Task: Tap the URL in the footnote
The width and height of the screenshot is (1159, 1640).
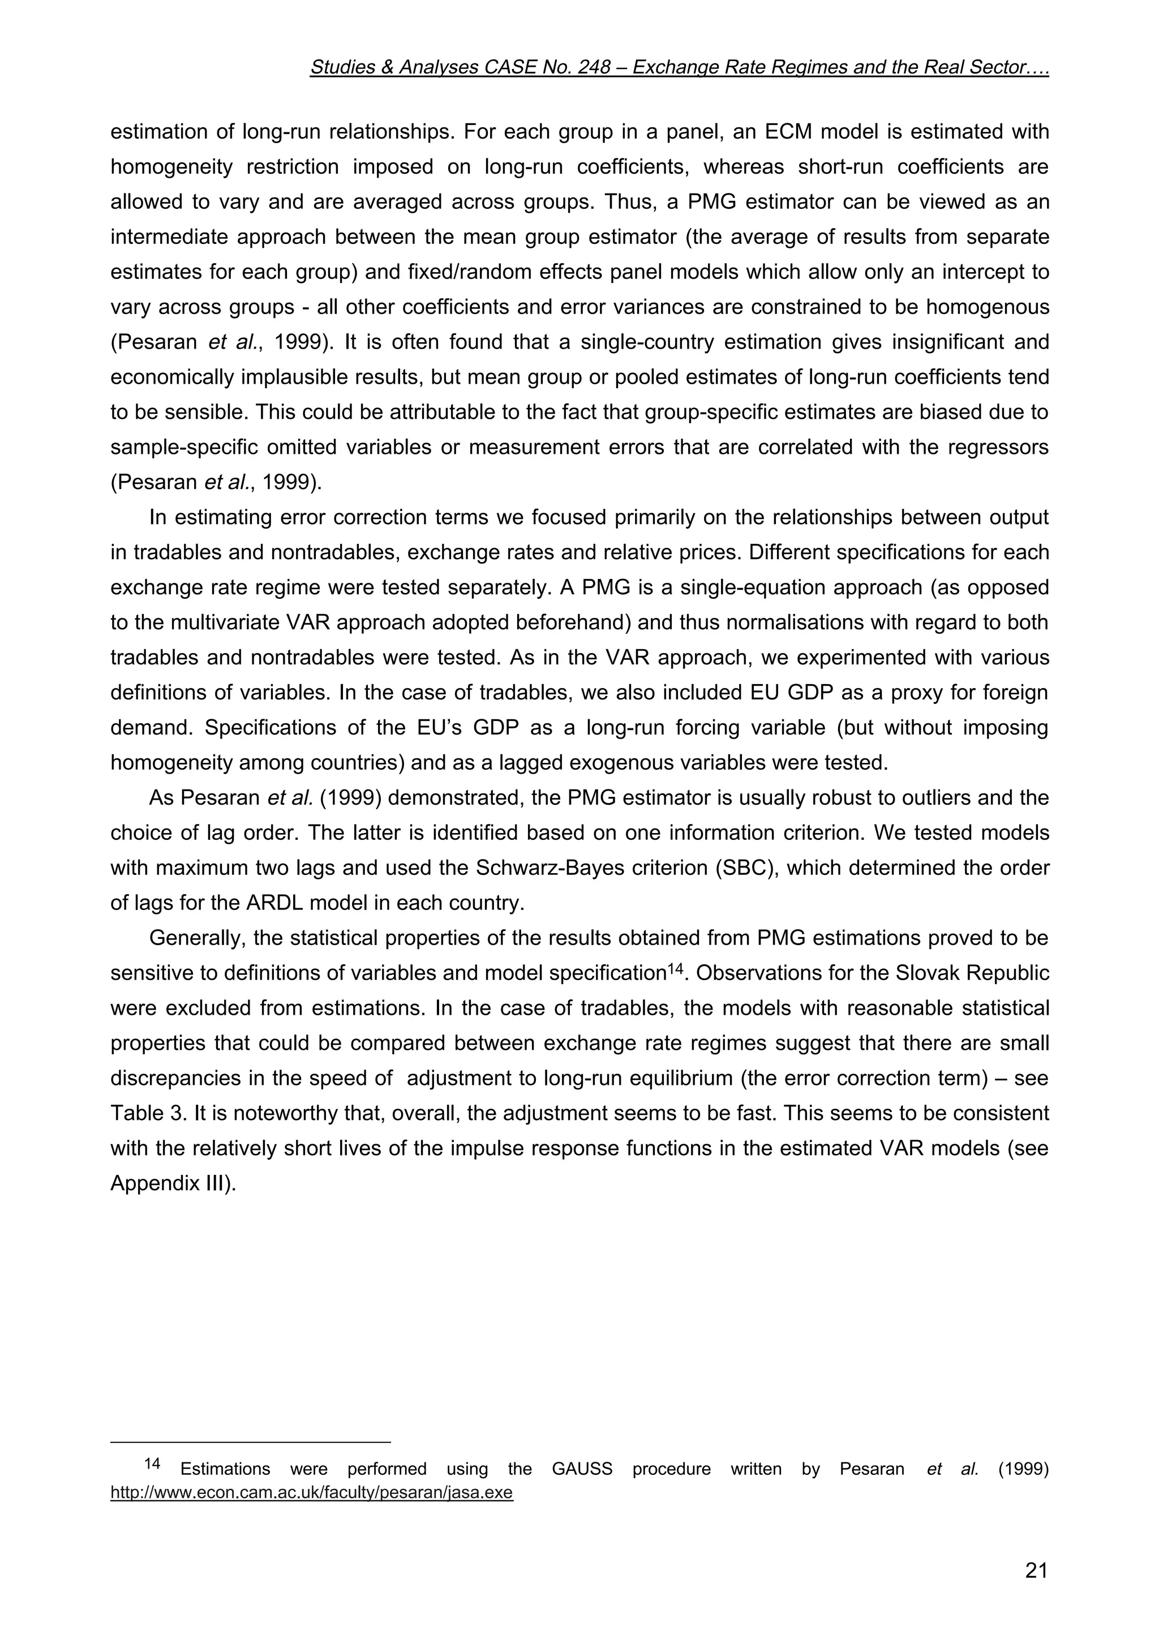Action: (x=311, y=1493)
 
